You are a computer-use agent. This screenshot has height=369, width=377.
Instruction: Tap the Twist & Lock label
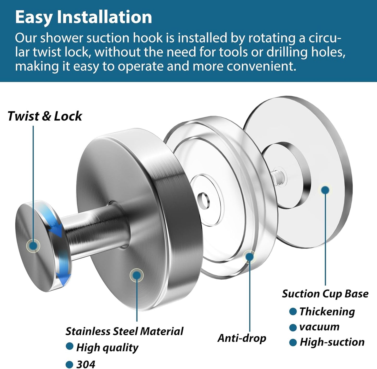(45, 116)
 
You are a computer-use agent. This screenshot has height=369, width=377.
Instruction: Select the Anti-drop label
(242, 338)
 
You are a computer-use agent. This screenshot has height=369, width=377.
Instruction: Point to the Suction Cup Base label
(325, 294)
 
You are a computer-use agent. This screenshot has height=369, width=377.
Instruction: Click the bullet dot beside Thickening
(293, 312)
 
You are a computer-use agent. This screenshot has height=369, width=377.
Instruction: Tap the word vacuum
(319, 327)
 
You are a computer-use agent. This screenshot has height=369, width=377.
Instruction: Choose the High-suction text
(332, 342)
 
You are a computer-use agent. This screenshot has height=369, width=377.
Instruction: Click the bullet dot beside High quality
(69, 346)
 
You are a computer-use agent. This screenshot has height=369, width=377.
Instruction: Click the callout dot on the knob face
(33, 245)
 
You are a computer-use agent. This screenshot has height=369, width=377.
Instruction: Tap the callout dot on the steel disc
(136, 275)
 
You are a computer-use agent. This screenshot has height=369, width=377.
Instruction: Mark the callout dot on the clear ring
(249, 257)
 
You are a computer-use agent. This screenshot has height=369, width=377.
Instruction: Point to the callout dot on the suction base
(325, 190)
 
